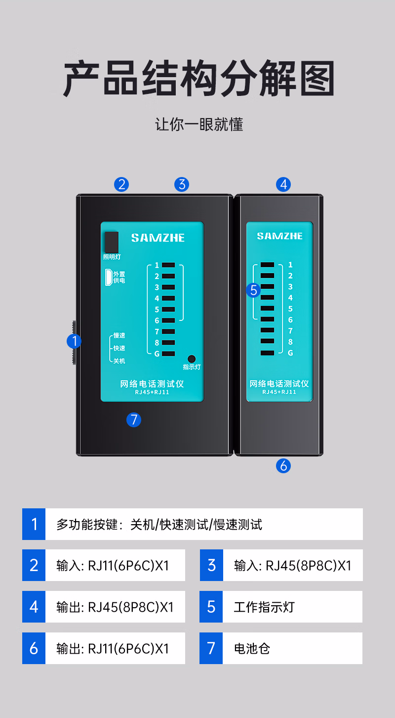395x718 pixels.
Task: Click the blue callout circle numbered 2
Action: [121, 184]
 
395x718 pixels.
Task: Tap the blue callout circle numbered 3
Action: [182, 184]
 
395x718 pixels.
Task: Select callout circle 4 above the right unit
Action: [283, 184]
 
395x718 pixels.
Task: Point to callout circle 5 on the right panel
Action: [254, 290]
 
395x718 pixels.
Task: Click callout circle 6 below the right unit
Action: [283, 465]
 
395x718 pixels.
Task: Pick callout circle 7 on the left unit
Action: [133, 420]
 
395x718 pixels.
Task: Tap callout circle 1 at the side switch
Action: [75, 341]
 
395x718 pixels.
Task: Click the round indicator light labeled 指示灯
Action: [192, 359]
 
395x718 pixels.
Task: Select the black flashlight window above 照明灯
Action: [112, 242]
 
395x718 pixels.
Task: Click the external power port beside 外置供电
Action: [108, 277]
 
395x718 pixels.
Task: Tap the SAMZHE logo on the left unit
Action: [158, 238]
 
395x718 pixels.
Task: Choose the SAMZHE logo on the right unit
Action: [279, 236]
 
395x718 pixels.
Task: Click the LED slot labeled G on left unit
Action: [168, 354]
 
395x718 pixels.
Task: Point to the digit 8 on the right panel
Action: [290, 342]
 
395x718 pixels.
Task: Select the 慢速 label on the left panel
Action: [119, 335]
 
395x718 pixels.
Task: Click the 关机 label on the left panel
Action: [119, 361]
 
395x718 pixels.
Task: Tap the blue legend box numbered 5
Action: [211, 607]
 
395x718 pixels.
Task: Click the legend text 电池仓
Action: [252, 648]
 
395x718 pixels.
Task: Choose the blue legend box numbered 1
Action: [34, 524]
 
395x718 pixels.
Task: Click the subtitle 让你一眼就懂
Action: [199, 124]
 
